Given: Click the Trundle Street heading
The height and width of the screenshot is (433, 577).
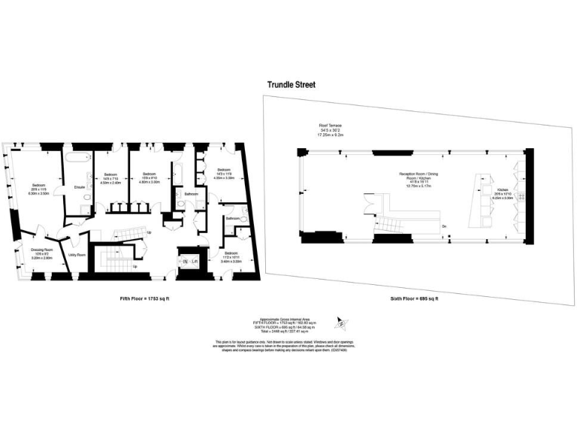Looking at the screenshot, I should point(292,85).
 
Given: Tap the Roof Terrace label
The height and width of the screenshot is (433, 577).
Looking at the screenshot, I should point(330,126).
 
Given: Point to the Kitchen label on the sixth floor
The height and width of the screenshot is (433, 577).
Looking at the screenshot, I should point(503,190).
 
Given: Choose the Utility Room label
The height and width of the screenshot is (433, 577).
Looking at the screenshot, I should point(77,256).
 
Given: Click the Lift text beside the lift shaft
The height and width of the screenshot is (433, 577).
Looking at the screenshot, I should point(194,261).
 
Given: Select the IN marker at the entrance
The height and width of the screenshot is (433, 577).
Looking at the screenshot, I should point(184,261).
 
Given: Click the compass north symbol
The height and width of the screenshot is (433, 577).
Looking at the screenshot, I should point(340,325).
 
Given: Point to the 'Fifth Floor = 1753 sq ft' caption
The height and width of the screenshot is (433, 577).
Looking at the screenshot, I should point(146,298).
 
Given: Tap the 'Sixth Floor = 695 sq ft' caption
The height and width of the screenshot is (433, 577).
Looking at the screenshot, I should point(413,298).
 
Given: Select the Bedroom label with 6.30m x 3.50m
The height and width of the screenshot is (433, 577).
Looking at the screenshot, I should point(39,185).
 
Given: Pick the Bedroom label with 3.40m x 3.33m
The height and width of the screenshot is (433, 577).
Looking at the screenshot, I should point(230,253).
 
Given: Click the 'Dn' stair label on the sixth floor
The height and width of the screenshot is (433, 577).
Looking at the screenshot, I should point(445,226).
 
